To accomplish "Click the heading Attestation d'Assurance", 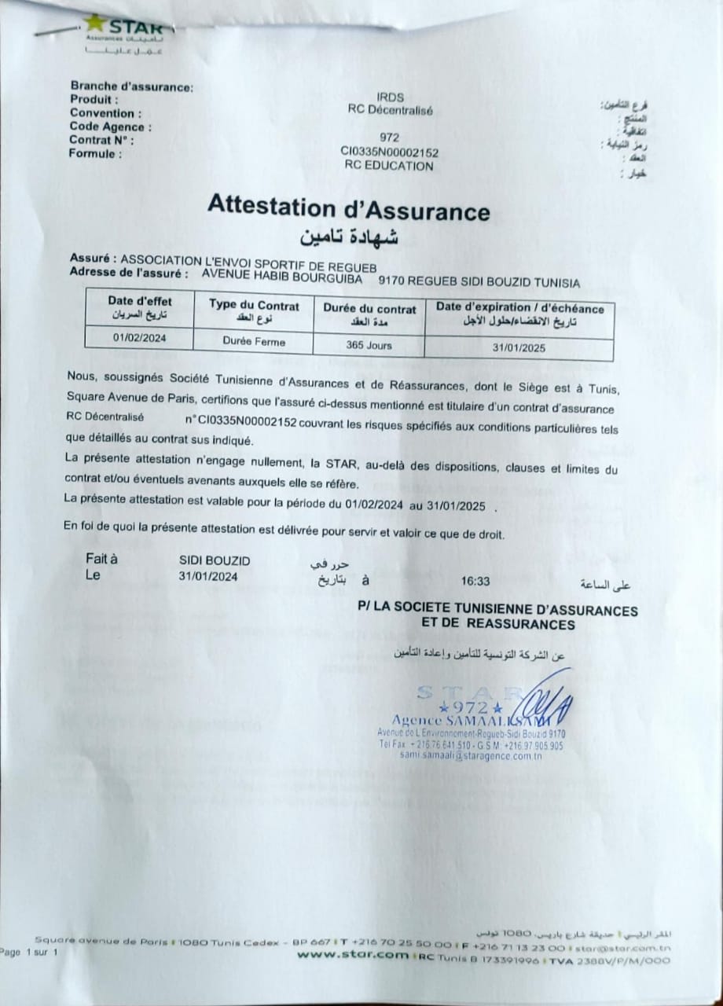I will [348, 208].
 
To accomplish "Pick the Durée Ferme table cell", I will [254, 342].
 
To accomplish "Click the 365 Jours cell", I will [369, 344].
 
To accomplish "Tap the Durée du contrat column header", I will [369, 313].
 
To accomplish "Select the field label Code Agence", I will [110, 127].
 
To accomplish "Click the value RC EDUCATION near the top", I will [388, 166].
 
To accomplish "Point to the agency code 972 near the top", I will [389, 137].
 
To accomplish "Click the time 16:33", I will [476, 582].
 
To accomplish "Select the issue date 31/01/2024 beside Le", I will [207, 575].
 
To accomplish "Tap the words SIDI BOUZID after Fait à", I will [215, 560].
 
